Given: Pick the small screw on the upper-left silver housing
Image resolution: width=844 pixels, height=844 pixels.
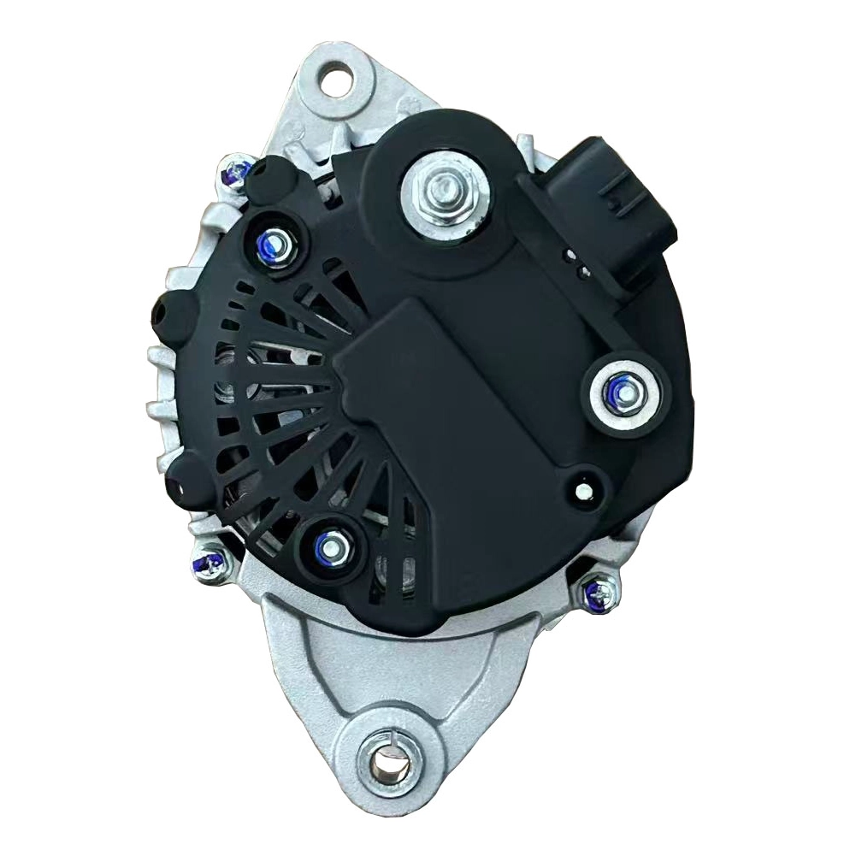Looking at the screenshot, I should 233,174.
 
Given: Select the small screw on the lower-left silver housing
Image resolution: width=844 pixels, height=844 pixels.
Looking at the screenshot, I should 207,562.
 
